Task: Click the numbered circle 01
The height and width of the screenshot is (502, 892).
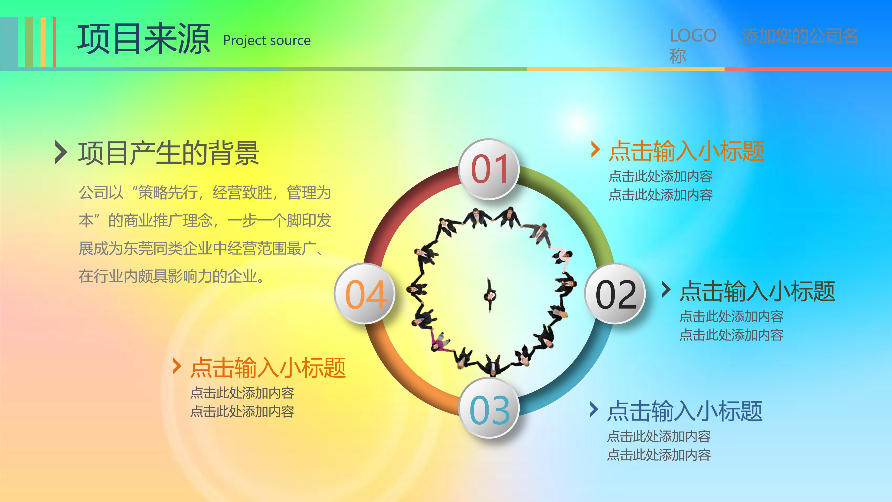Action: point(489,169)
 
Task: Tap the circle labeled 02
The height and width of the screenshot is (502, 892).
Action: point(615,294)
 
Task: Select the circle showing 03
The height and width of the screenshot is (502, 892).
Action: point(489,409)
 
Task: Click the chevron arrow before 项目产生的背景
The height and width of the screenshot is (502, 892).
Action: point(61,152)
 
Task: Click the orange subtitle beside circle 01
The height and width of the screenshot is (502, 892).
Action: point(686,151)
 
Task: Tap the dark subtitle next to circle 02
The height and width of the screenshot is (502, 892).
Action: point(757,291)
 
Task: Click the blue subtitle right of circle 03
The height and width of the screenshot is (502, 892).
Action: point(685,411)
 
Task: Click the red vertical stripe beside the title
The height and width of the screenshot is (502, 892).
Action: point(54,42)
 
